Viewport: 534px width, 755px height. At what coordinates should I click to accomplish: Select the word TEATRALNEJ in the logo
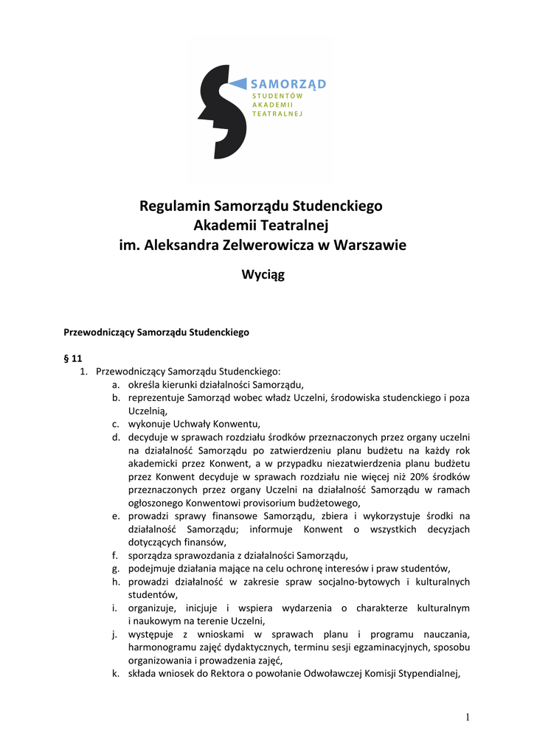pyautogui.click(x=277, y=114)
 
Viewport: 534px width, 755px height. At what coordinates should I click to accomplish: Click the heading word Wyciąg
pyautogui.click(x=263, y=275)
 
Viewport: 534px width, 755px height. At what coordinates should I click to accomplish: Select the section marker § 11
pyautogui.click(x=72, y=358)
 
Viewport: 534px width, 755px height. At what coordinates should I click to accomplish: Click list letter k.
pyautogui.click(x=116, y=672)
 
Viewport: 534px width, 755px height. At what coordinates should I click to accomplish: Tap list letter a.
pyautogui.click(x=116, y=384)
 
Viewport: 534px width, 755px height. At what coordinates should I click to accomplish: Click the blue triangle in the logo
pyautogui.click(x=237, y=83)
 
